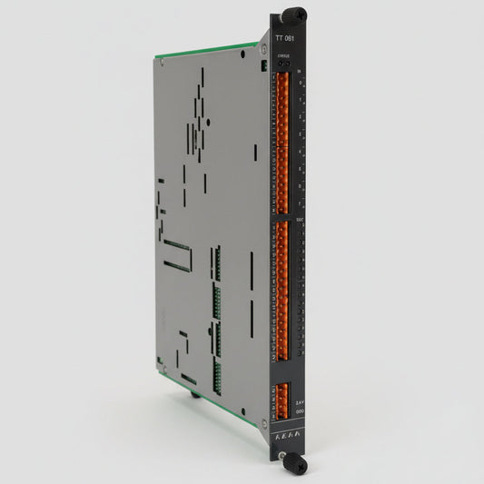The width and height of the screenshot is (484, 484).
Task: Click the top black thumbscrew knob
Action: (293, 15)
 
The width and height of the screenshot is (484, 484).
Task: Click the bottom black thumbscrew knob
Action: (298, 463)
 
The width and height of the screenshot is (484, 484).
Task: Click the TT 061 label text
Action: (285, 41)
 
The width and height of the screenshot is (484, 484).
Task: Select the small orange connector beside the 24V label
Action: (282, 396)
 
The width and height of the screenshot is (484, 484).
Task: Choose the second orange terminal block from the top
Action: (282, 177)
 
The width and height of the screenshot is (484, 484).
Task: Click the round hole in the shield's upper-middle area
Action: (209, 120)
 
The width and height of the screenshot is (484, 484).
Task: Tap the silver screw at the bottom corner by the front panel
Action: (264, 421)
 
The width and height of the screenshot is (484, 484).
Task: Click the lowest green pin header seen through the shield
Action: (217, 372)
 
